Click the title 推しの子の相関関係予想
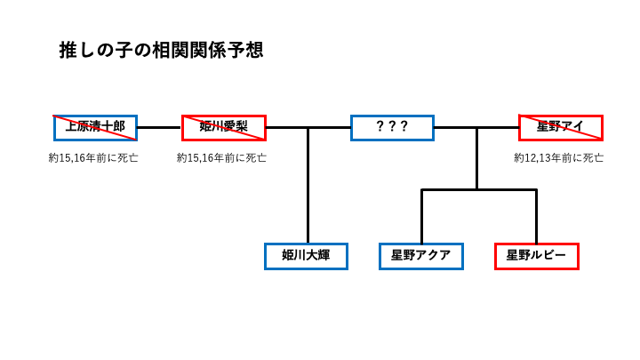(x=161, y=50)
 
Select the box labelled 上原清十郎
(x=95, y=127)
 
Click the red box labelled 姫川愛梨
(x=223, y=127)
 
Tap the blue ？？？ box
(x=392, y=127)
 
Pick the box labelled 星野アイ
(x=560, y=127)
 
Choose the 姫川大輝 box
(x=306, y=256)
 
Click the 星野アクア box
(x=420, y=256)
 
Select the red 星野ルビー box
(x=536, y=256)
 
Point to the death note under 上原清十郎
(x=93, y=157)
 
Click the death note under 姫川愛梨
(x=221, y=157)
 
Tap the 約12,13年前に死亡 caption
(x=558, y=157)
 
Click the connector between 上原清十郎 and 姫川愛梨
(x=159, y=127)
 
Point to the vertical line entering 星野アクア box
(x=421, y=218)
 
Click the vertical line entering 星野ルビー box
(x=536, y=218)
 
